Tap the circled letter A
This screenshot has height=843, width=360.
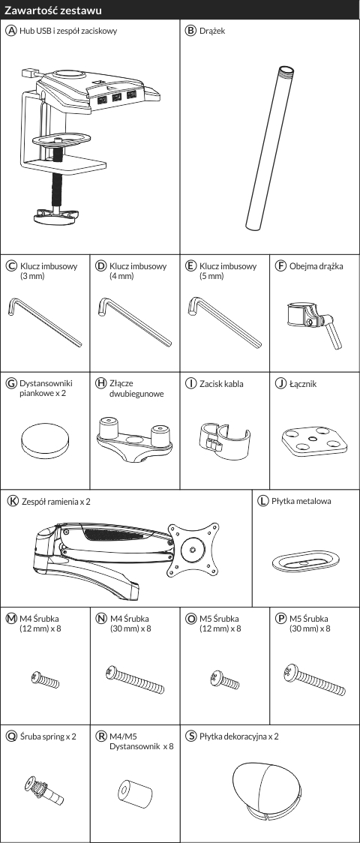click(11, 31)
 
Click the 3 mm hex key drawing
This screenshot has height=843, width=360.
click(45, 322)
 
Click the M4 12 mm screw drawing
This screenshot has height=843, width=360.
click(45, 680)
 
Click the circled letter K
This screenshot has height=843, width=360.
click(12, 501)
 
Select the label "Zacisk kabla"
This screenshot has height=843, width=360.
click(220, 384)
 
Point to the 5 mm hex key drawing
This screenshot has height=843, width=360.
click(225, 322)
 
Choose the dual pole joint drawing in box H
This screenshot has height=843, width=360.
click(135, 439)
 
